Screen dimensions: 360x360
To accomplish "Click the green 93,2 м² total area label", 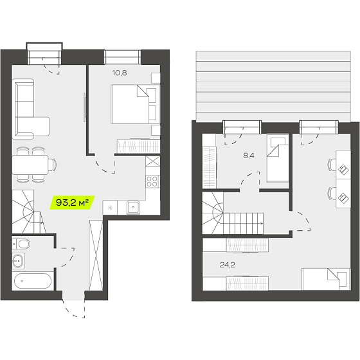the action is coord(72,203).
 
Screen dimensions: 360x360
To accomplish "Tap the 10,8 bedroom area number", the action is coord(120,73).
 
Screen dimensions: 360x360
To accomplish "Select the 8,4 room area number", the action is coord(249,156).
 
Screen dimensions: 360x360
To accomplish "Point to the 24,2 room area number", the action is coord(228,265).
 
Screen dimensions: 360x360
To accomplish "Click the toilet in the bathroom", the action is coord(21,244).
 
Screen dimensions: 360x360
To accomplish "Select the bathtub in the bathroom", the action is coord(33,281).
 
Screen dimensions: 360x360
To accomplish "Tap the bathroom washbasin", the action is coord(19,261).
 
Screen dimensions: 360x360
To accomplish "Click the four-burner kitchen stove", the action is coord(153,181).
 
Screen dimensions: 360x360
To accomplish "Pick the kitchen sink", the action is coord(133,207).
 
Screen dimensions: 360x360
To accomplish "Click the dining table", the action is coord(30,165).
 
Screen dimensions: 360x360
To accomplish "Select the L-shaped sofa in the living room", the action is coord(30,109).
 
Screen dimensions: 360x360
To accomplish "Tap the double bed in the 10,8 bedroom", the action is coord(135,104).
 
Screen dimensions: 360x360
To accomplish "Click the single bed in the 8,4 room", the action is coord(277,158).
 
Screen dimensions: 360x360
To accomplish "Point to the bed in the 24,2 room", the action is coord(327,279).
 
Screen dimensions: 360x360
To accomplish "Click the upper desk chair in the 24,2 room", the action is coord(331,165).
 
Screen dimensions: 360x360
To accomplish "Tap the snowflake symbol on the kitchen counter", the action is coord(110,208).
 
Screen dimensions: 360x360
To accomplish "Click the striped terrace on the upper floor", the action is coord(273,86).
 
